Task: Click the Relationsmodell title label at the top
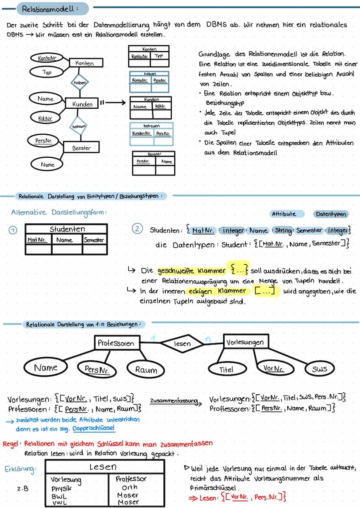(x=50, y=8)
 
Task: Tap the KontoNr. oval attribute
(x=47, y=58)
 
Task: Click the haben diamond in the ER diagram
(x=79, y=82)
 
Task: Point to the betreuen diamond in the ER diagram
(x=79, y=126)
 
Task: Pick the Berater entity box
(x=81, y=148)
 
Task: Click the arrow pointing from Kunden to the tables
(x=114, y=103)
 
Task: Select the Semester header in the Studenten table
(x=94, y=240)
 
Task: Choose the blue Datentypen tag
(x=331, y=214)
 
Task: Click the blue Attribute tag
(x=283, y=214)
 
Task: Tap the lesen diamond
(x=182, y=344)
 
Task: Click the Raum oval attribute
(x=146, y=370)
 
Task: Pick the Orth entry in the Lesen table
(x=129, y=488)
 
